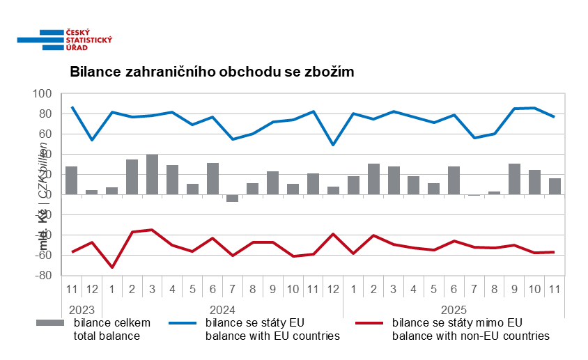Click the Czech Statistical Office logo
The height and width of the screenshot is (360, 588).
click(65, 39)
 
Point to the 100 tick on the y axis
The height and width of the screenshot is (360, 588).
click(42, 94)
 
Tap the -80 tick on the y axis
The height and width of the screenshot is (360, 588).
click(42, 276)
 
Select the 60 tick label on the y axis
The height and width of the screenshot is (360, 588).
click(45, 134)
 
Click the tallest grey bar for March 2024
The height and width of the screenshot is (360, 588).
click(152, 174)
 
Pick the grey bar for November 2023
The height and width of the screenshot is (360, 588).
click(71, 180)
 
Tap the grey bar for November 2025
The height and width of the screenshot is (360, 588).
click(555, 187)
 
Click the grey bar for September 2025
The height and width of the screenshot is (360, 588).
click(514, 179)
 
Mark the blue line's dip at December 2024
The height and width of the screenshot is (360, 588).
click(333, 145)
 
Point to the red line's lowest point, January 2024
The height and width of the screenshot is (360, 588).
click(111, 267)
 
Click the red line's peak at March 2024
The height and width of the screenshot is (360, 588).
click(152, 230)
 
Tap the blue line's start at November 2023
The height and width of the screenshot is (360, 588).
click(72, 107)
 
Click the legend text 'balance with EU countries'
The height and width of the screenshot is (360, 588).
click(272, 336)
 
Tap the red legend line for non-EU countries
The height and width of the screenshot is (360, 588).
click(369, 323)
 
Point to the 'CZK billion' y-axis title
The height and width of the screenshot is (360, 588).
click(43, 171)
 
